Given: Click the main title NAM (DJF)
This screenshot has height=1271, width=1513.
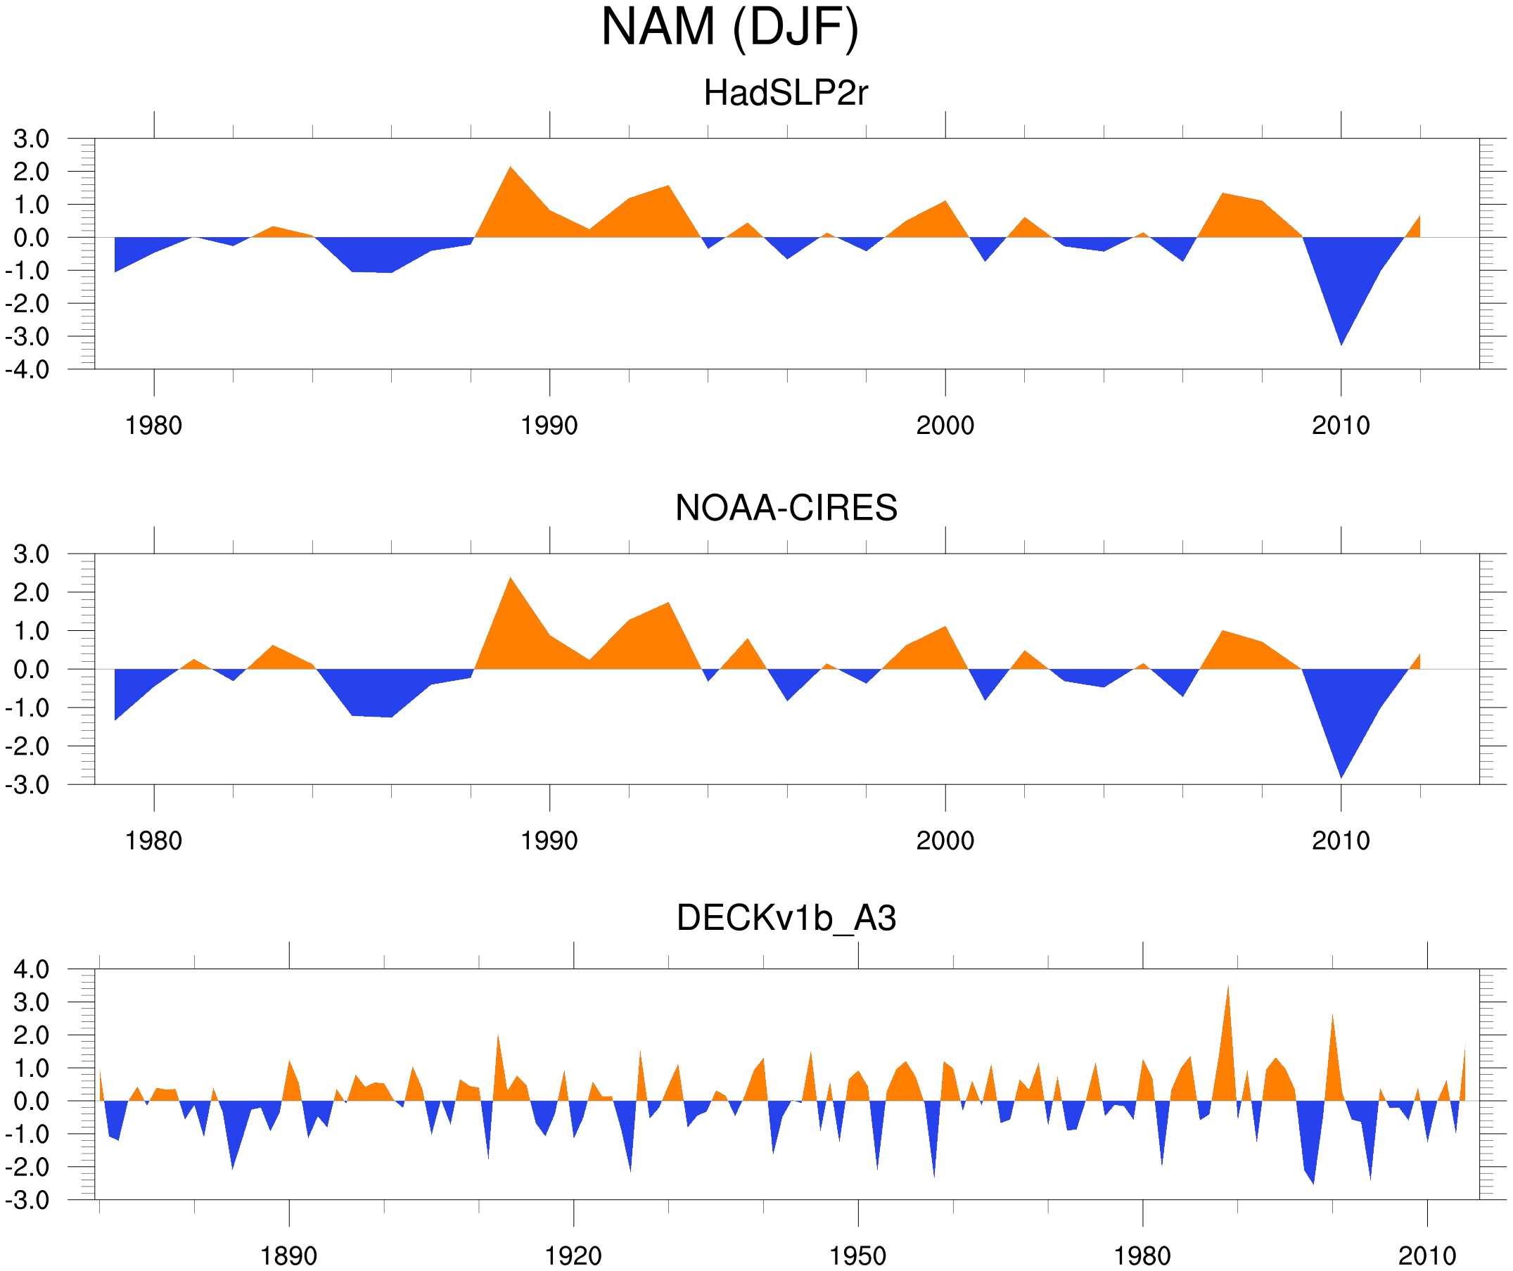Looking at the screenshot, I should [x=729, y=27].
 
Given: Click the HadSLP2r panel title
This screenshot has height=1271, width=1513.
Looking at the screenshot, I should [x=785, y=93].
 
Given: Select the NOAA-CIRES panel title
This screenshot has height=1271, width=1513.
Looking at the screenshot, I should [x=786, y=508].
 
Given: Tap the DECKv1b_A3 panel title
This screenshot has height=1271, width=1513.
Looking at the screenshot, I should [x=786, y=918].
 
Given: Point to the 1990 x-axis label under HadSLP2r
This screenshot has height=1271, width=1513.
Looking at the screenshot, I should [x=549, y=426].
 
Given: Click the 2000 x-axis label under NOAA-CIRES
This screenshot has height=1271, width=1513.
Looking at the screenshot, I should [x=945, y=841].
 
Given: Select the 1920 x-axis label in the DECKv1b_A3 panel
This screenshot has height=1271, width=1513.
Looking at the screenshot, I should [x=573, y=1256].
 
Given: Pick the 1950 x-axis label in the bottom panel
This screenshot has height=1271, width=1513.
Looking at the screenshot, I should [x=857, y=1256].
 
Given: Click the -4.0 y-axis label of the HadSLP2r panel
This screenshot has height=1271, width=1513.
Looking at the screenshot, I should [x=27, y=371].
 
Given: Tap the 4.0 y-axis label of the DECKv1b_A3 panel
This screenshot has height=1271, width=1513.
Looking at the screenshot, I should [x=32, y=970].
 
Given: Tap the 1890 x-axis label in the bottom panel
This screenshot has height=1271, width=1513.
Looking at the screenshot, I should [x=288, y=1256].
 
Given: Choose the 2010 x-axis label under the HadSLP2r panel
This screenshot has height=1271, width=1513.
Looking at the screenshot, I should [x=1340, y=426].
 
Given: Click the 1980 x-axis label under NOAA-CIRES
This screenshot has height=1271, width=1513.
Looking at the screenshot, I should [x=153, y=841].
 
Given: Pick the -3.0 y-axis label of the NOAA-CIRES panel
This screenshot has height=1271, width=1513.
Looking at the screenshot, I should [x=27, y=786].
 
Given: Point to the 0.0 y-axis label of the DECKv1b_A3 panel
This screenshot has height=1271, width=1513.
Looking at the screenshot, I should [x=32, y=1101].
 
